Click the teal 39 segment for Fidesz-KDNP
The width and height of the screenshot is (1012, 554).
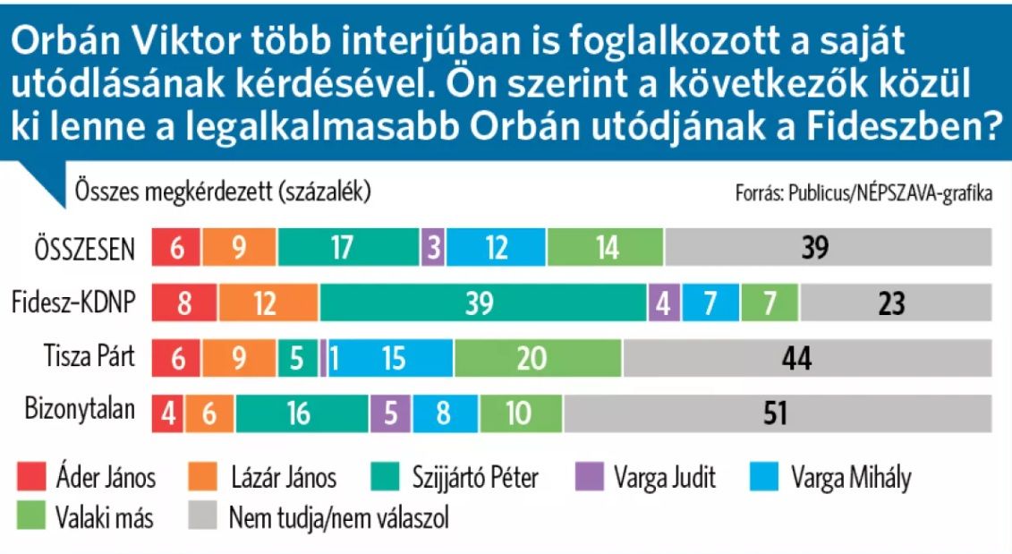click(x=483, y=303)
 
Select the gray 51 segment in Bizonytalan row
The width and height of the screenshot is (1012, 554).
click(x=777, y=413)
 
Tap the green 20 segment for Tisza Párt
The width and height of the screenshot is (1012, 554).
click(x=538, y=358)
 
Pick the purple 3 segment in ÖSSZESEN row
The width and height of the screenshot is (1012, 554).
click(x=433, y=248)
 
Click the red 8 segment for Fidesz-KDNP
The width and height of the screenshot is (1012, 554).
click(x=183, y=303)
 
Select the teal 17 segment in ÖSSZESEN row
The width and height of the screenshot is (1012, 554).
click(x=348, y=248)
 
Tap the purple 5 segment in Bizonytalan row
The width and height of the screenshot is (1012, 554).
click(x=391, y=413)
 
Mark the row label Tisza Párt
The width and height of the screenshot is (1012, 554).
click(x=89, y=356)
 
